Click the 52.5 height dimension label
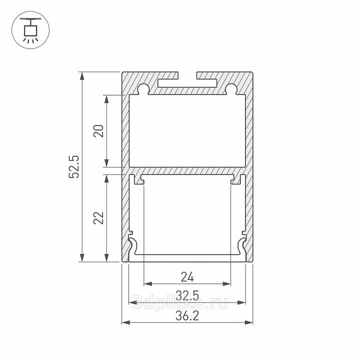(x=74, y=166)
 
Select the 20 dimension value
(x=98, y=131)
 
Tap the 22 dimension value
(x=98, y=217)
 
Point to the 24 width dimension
(x=187, y=277)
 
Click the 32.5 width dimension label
(x=187, y=295)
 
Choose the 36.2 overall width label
(x=187, y=315)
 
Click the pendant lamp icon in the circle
(x=30, y=30)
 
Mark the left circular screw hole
(x=143, y=88)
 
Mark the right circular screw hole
(x=231, y=88)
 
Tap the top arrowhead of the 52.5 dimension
(x=82, y=76)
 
